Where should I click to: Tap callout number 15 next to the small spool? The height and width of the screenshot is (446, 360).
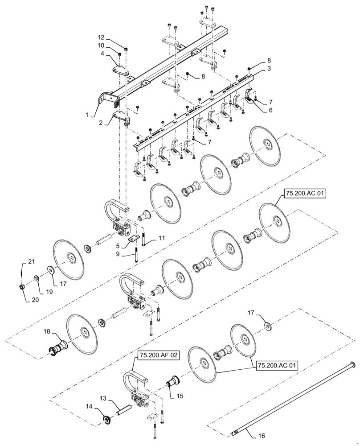coord(179,395)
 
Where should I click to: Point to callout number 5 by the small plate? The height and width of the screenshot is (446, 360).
coord(117,245)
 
